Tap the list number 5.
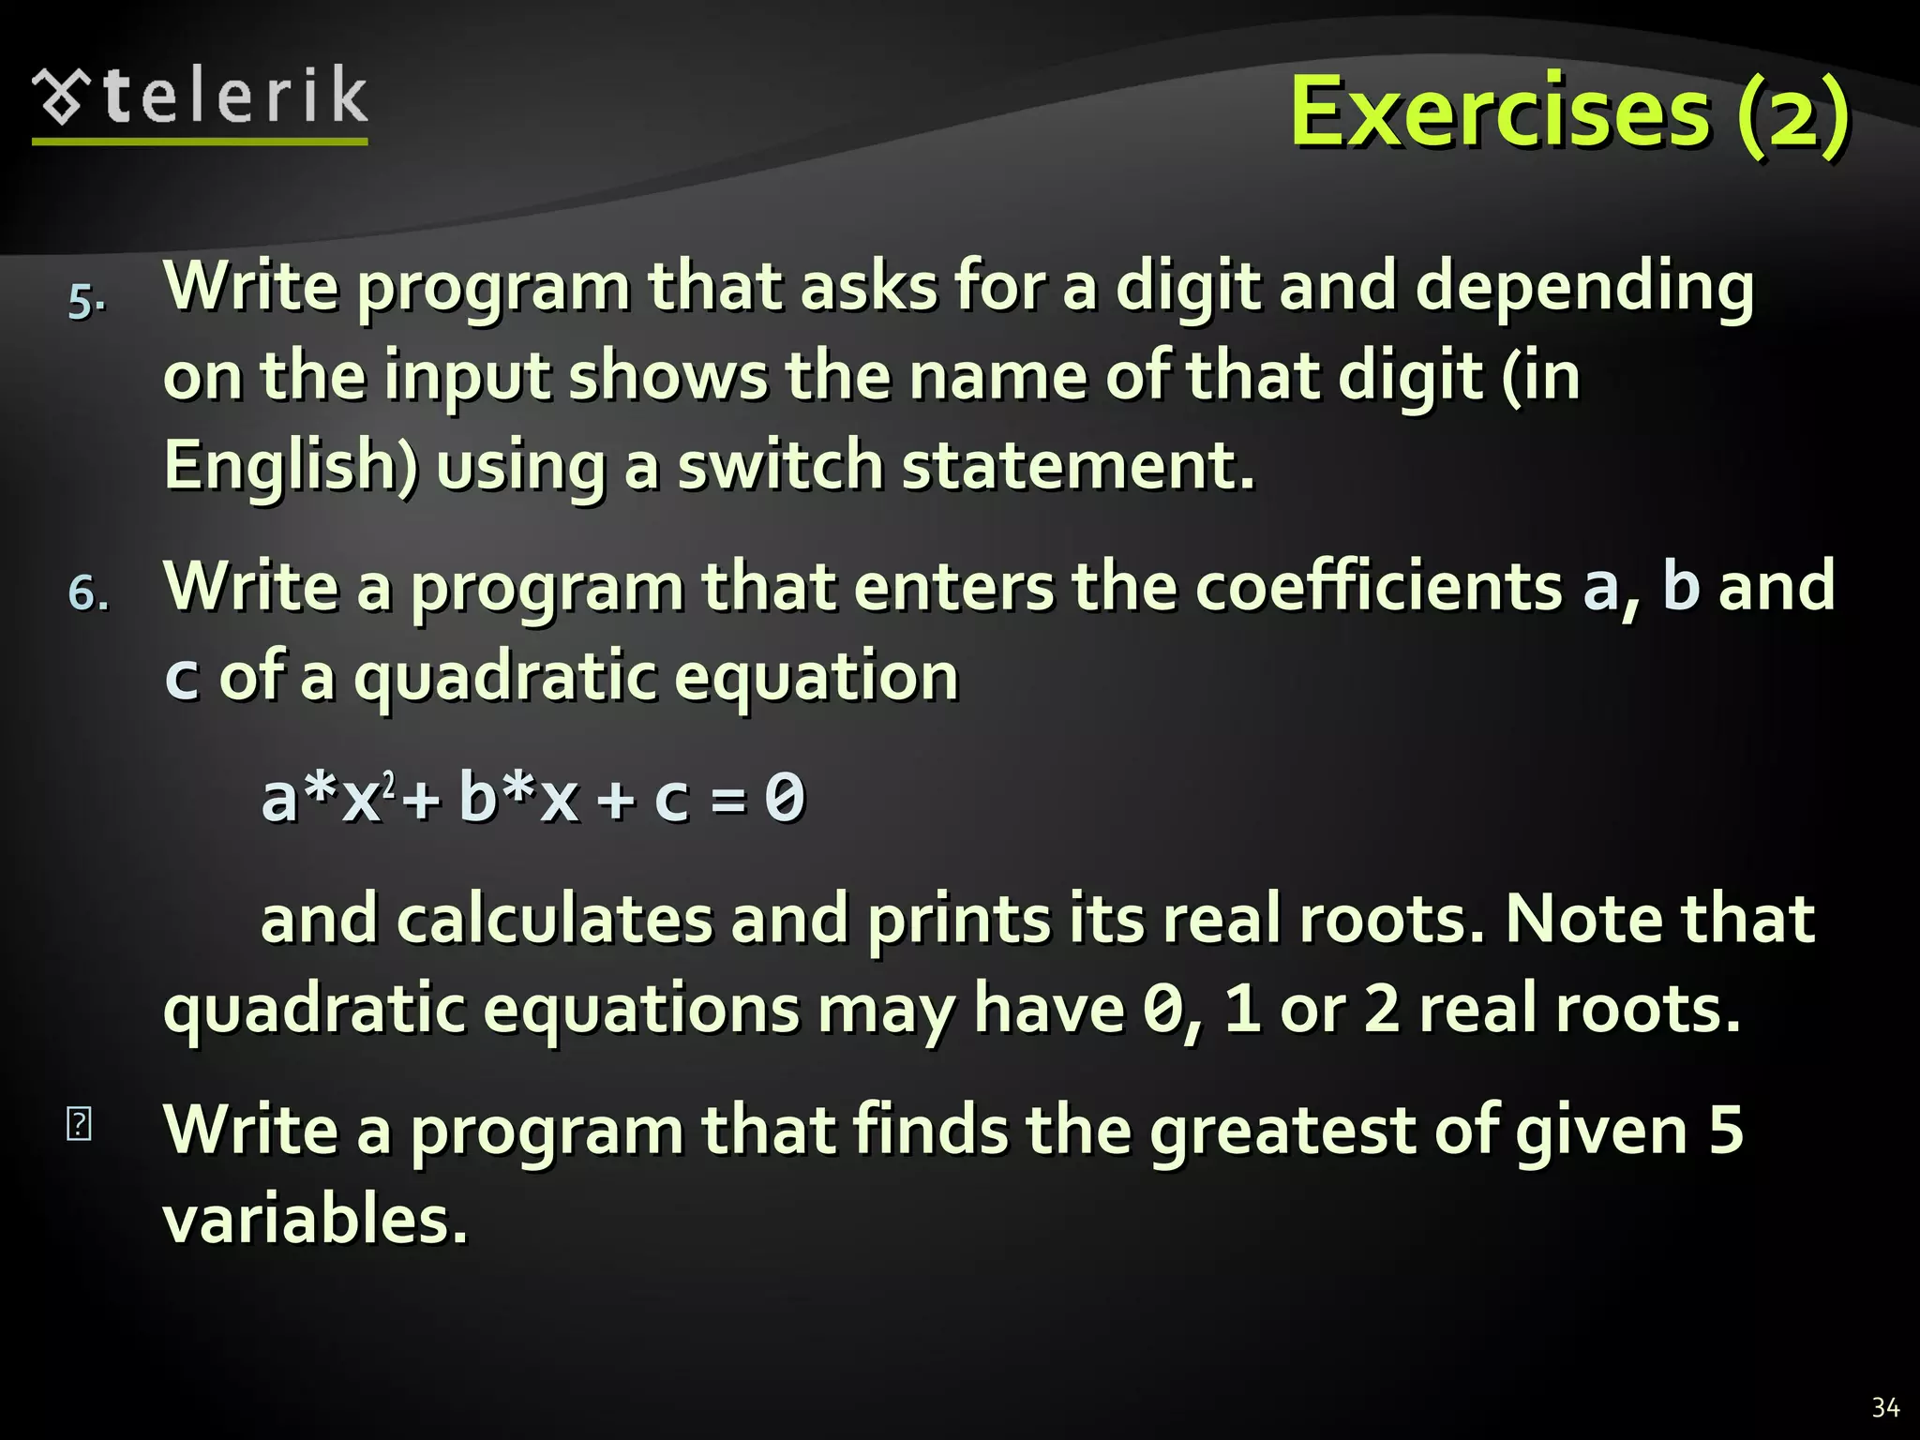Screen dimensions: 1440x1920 pos(85,302)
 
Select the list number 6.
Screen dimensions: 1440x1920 pos(87,593)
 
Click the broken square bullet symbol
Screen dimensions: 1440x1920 pos(80,1124)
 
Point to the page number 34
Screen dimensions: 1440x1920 pos(1885,1407)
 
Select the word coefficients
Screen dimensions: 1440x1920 pos(1378,587)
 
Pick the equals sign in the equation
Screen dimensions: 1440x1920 pos(728,800)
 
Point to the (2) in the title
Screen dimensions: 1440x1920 pos(1792,112)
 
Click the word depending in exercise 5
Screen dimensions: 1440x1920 pos(1584,287)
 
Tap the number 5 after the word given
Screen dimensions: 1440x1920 pos(1725,1129)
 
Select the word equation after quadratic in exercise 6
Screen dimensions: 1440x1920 pos(817,677)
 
